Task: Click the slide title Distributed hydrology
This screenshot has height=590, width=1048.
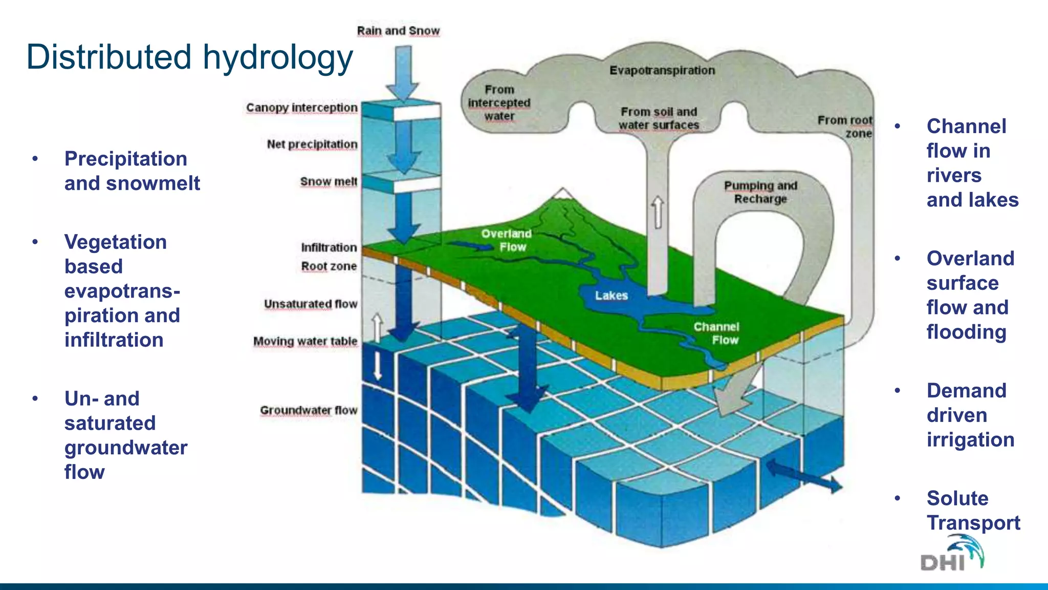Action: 189,57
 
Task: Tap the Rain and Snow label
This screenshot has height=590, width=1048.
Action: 398,31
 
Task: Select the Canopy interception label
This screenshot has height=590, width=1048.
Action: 301,108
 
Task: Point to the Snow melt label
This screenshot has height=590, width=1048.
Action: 329,182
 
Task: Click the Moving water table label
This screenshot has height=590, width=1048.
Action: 305,341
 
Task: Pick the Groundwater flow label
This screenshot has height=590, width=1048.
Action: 309,410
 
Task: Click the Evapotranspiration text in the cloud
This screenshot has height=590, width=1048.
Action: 662,70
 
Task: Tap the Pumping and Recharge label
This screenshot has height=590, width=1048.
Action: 760,192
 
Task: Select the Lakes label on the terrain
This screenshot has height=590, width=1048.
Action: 611,296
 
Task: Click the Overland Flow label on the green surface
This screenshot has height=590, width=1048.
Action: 507,240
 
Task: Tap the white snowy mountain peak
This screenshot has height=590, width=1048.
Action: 563,193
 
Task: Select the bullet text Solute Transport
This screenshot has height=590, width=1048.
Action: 973,510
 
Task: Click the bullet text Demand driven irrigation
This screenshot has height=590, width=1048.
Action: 970,415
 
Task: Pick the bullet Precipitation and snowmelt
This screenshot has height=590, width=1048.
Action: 132,171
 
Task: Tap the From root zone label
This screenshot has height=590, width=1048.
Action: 845,127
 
